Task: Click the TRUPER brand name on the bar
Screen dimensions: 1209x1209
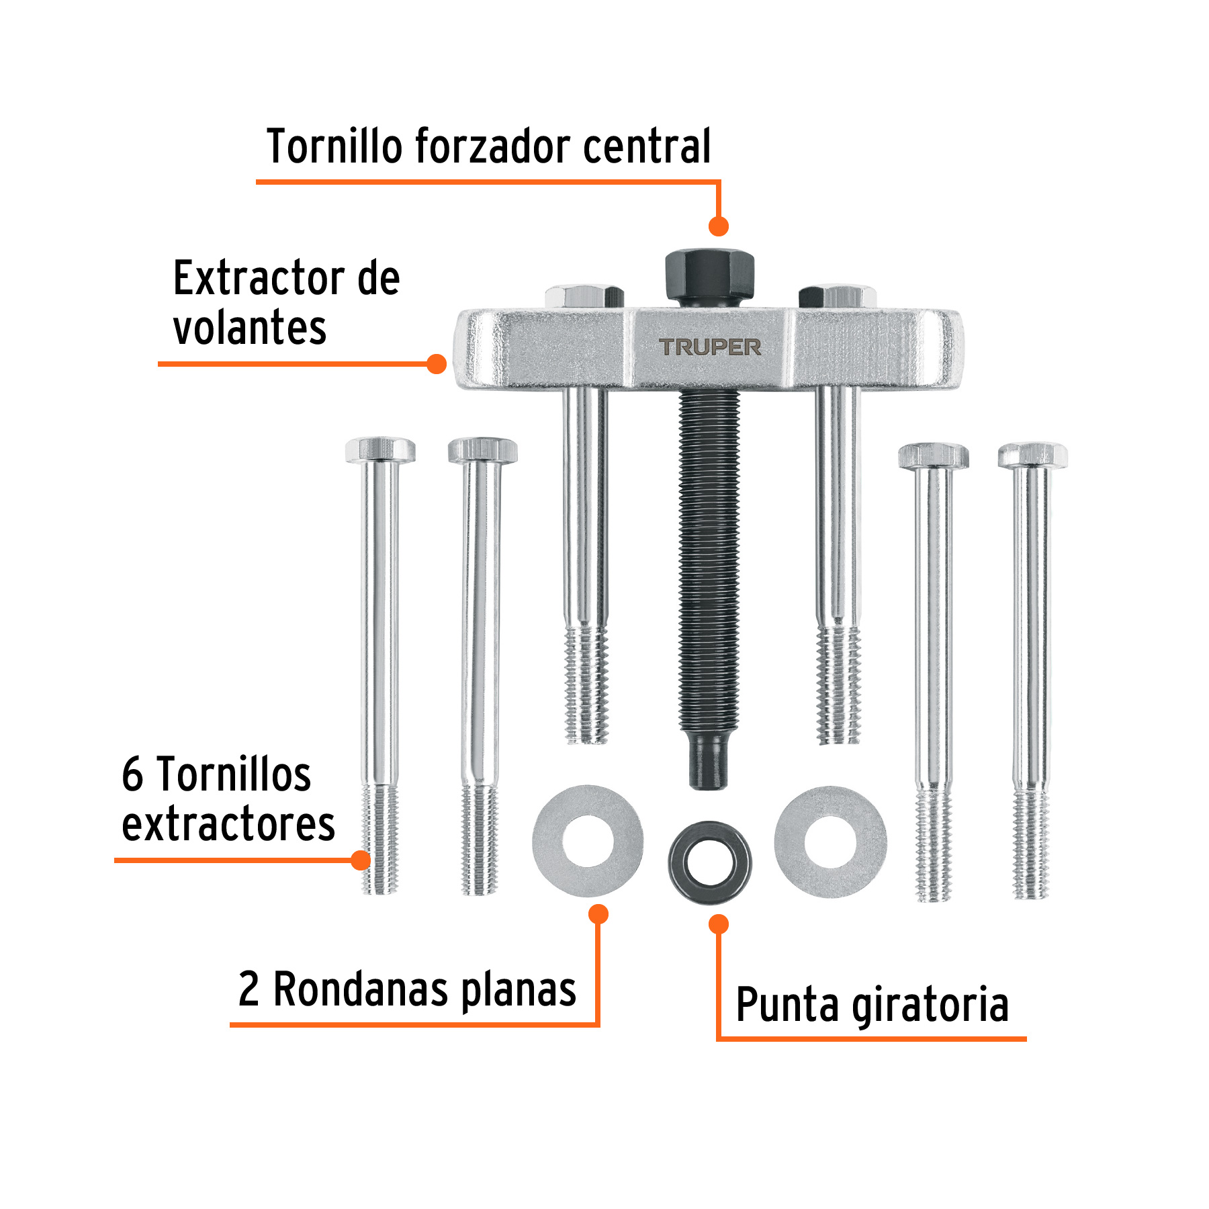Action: pos(710,347)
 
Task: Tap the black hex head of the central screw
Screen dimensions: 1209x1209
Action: pos(709,277)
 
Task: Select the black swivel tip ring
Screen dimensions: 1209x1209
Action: pos(710,862)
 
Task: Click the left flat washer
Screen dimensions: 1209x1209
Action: pos(588,841)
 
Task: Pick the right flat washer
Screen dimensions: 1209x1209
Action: pos(830,841)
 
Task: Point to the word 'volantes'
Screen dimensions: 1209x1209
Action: pos(250,329)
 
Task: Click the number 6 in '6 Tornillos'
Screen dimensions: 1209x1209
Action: pos(132,774)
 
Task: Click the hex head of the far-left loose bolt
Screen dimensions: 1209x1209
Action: pos(380,450)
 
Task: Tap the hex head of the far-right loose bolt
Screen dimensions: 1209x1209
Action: pos(1032,455)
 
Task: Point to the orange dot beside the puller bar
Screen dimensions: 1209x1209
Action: pos(437,364)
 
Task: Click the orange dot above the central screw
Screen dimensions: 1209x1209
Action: pos(719,226)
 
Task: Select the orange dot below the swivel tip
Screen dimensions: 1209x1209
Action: pos(719,924)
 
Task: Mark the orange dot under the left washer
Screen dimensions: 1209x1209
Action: pos(598,914)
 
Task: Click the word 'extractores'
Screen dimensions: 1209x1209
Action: pos(228,825)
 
